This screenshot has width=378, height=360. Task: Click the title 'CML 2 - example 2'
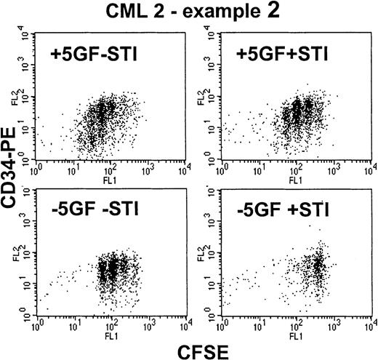[191, 10]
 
